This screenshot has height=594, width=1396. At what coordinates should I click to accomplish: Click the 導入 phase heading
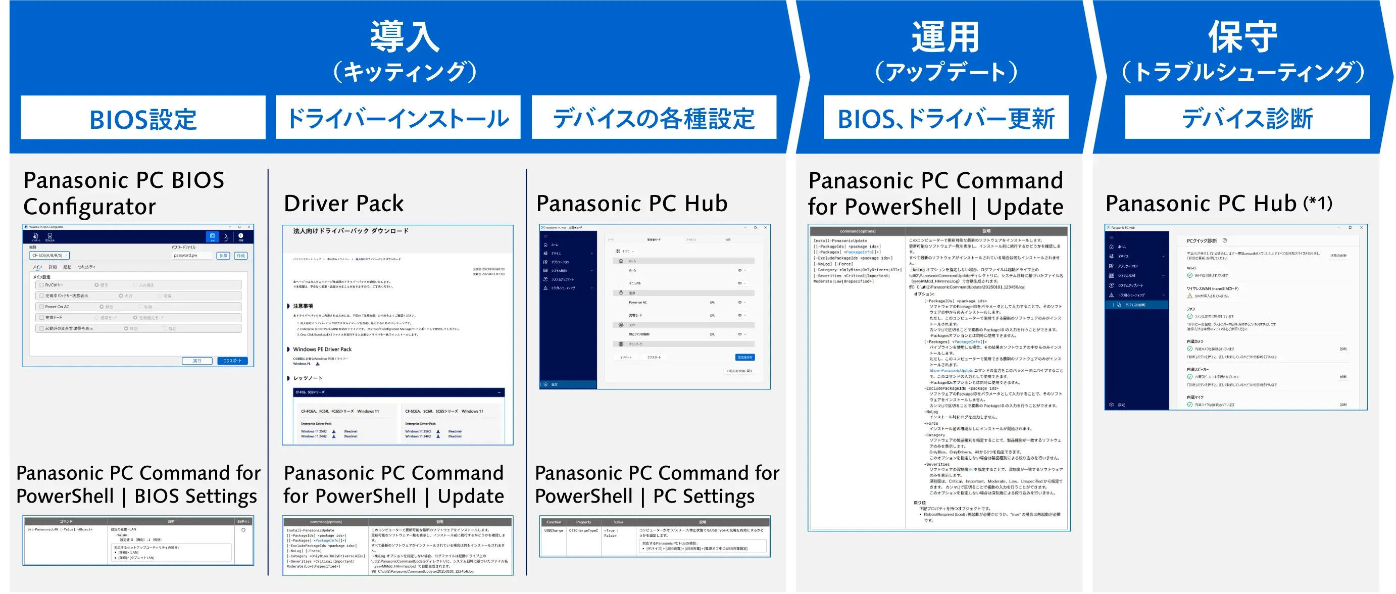(404, 37)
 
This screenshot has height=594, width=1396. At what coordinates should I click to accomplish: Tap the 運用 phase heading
(945, 37)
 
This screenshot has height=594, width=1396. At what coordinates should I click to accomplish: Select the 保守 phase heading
(1242, 37)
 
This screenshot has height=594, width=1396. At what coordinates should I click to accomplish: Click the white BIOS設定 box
(143, 118)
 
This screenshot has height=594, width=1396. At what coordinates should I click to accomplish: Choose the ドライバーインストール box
(398, 118)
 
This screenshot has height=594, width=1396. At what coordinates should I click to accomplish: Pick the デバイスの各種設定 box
(654, 118)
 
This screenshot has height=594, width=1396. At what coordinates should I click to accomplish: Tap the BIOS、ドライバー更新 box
(945, 118)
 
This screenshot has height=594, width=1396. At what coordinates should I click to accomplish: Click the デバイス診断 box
(1247, 118)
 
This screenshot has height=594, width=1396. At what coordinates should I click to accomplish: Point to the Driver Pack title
(343, 204)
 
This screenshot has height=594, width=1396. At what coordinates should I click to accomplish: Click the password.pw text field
(192, 255)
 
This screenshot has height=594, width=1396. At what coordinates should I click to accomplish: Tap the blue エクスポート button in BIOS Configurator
(232, 361)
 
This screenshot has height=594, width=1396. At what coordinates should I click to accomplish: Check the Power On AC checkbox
(41, 307)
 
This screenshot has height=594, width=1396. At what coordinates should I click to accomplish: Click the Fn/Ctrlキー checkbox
(41, 285)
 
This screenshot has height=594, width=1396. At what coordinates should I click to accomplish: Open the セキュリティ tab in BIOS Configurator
(86, 267)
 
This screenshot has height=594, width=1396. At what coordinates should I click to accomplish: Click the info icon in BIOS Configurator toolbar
(240, 236)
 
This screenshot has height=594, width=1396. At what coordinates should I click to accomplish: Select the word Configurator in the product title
(89, 207)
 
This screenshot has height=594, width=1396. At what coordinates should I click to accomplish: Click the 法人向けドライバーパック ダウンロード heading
(351, 231)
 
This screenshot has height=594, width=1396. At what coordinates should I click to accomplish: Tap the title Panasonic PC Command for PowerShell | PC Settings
(657, 484)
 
